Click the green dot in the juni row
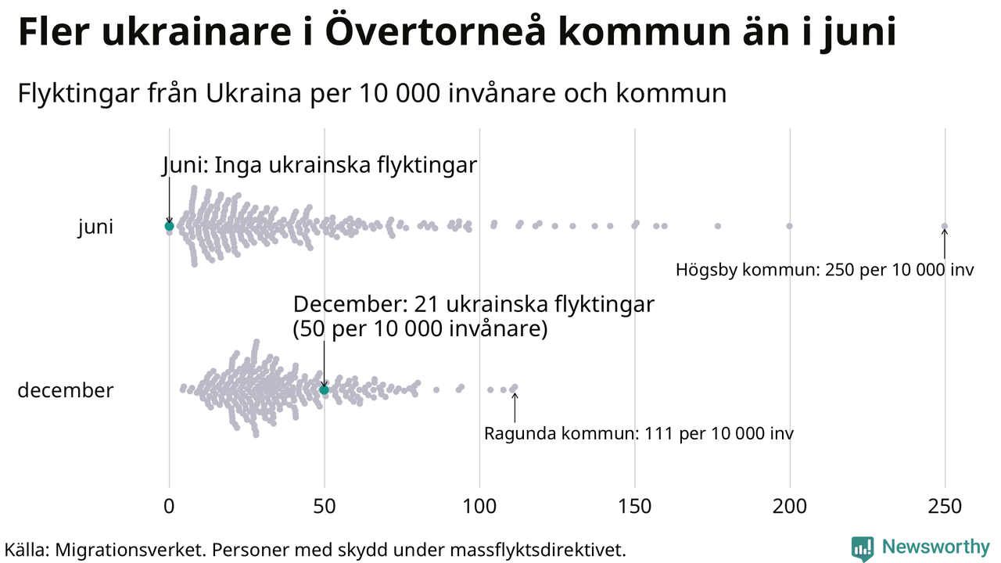point(169,226)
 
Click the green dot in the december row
point(324,390)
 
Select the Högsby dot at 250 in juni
point(944,226)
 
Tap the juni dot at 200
point(789,226)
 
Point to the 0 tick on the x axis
point(169,506)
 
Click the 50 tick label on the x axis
point(324,506)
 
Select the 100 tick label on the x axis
point(479,506)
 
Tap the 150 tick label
point(634,506)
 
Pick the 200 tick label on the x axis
point(790,506)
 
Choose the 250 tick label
point(945,506)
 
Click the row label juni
point(95,227)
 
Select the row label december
point(66,390)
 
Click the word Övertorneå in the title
point(436,31)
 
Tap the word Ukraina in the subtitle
point(253,93)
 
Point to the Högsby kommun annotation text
point(824,270)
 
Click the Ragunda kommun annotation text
point(639,433)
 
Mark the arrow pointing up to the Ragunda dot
point(515,407)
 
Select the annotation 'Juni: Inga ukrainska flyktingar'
point(320,165)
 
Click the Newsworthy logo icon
point(863,548)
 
